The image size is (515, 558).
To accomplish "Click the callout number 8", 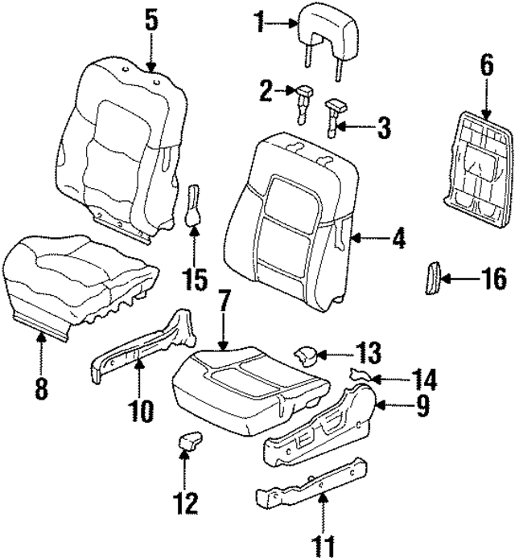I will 41,390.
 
